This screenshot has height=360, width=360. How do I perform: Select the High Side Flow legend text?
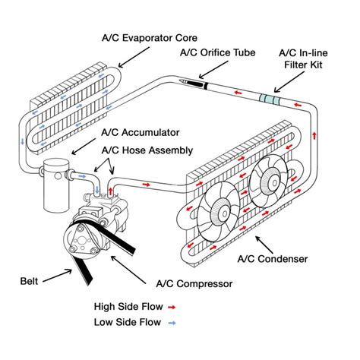127,307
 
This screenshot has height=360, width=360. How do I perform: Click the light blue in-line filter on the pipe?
267,99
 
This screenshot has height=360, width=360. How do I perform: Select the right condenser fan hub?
267,180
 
